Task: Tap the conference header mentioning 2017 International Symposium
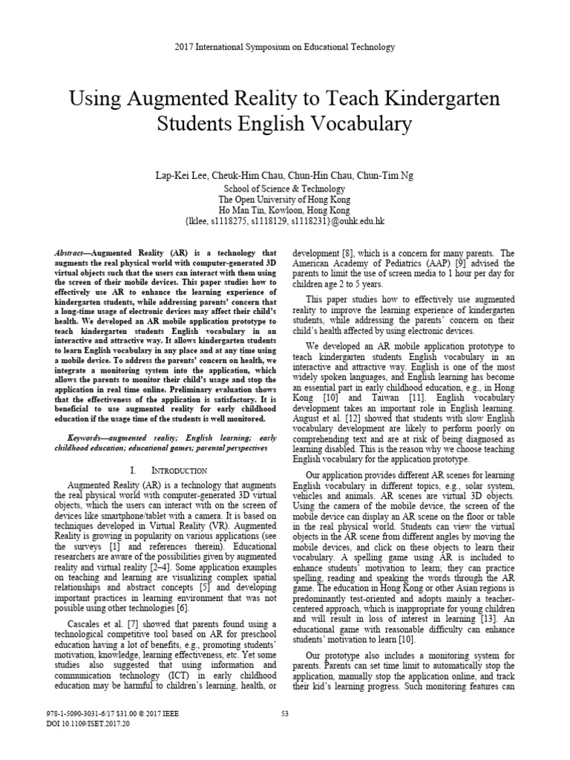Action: [284, 47]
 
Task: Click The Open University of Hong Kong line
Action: [284, 200]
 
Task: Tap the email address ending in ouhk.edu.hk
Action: [284, 221]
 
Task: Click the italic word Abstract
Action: [72, 252]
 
